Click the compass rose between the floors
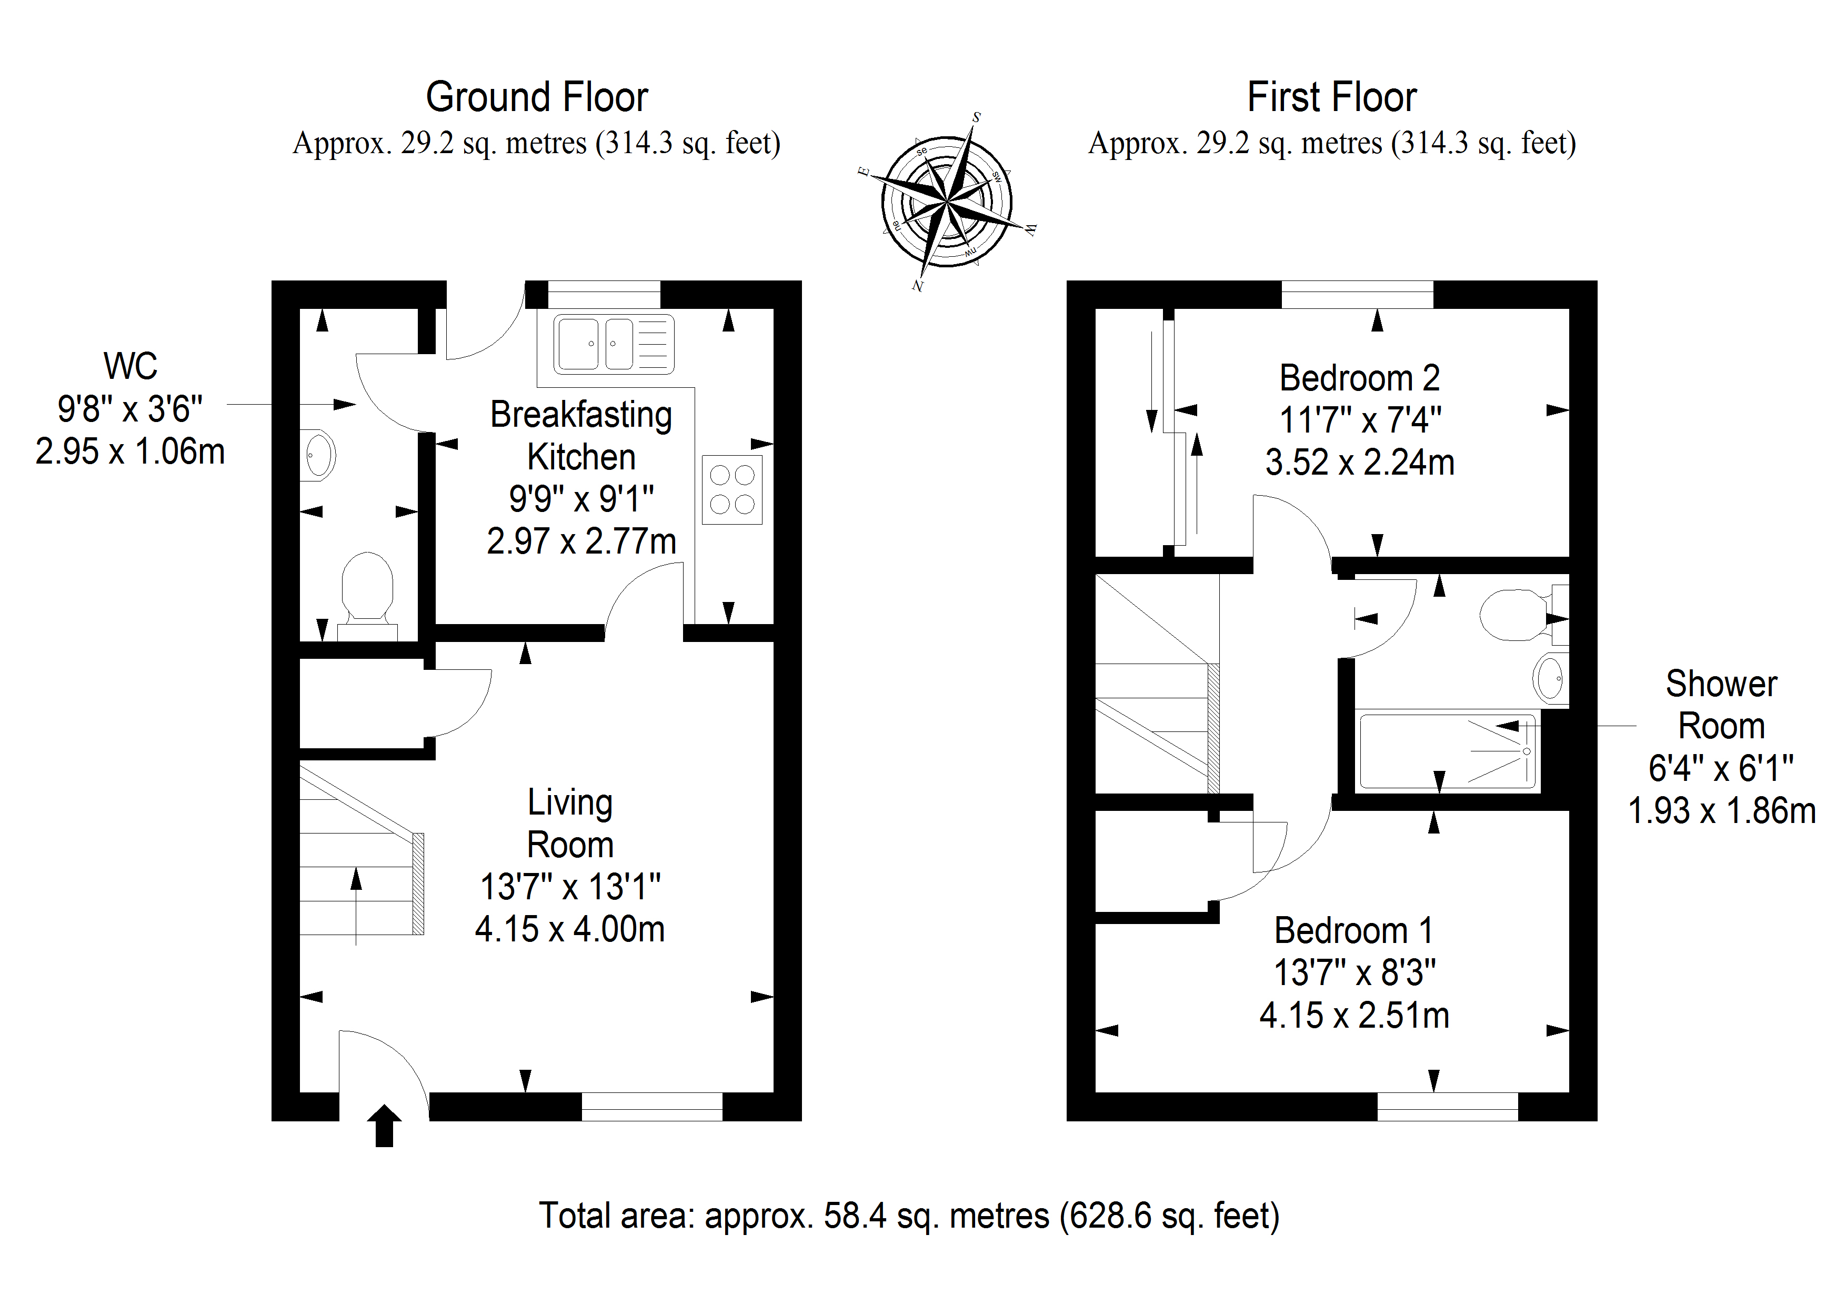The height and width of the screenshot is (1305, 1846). point(947,201)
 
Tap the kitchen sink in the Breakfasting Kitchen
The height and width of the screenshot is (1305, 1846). point(614,344)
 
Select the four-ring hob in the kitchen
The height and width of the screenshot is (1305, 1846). point(731,490)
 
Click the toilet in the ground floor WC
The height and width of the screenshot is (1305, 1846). point(367,596)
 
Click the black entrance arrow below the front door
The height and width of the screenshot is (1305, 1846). point(384,1126)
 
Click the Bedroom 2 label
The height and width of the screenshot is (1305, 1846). point(1360,378)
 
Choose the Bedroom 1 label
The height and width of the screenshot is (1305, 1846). point(1354,930)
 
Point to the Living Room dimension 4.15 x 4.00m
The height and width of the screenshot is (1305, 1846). point(570,929)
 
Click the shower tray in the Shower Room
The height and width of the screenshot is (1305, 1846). point(1447,751)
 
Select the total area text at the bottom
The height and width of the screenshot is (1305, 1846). point(908,1216)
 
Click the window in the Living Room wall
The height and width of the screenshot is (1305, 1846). point(652,1107)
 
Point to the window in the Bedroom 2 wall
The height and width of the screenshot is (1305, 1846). point(1357,294)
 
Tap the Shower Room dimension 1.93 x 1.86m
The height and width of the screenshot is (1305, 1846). point(1722,810)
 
